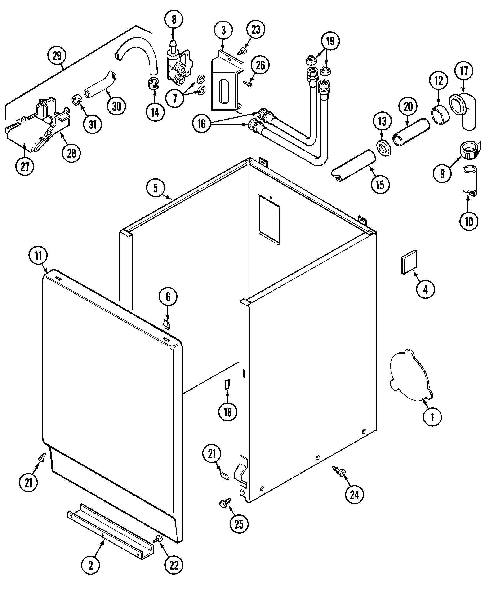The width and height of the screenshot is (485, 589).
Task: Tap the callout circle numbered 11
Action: pos(38,255)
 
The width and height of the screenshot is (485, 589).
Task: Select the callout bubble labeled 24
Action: pos(354,495)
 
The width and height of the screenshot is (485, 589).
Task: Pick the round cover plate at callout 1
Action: pos(409,376)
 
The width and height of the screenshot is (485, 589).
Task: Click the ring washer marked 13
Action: pos(384,148)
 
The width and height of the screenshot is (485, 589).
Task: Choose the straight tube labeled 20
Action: pos(411,132)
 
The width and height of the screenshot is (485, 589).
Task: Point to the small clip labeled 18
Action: pos(227,384)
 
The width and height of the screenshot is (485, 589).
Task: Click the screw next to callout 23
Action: pos(240,52)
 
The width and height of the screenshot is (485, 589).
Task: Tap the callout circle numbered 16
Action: pos(201,124)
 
